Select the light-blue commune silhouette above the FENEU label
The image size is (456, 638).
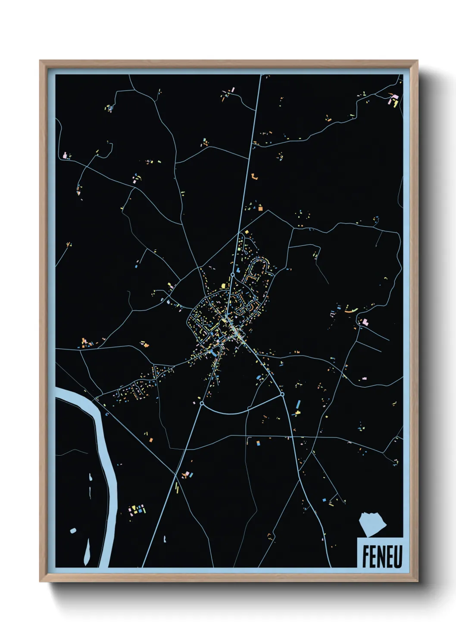[x=373, y=524]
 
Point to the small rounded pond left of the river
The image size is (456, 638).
[x=73, y=530]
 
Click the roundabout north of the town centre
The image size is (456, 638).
[x=232, y=274]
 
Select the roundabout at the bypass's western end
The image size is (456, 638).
[x=201, y=403]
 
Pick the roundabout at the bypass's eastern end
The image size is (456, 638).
[x=282, y=394]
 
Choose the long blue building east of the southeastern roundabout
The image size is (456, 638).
[x=297, y=405]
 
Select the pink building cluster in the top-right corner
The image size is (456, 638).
[x=394, y=100]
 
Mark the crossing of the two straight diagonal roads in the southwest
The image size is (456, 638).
[x=176, y=475]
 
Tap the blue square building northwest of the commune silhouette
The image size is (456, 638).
[x=324, y=500]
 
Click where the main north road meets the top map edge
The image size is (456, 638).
[x=261, y=76]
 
